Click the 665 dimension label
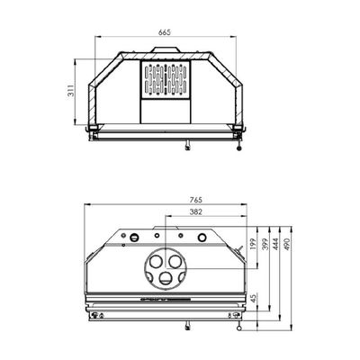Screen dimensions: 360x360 [x=165, y=32]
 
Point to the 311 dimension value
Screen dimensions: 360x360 [x=70, y=91]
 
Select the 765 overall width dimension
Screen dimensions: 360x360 [x=196, y=200]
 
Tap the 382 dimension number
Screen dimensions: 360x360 [x=196, y=212]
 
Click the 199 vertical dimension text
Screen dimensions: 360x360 [x=252, y=244]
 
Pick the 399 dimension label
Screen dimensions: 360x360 [x=265, y=244]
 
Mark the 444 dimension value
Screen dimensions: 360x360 [x=275, y=244]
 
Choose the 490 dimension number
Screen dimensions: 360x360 [x=286, y=244]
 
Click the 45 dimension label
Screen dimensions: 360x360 [x=254, y=299]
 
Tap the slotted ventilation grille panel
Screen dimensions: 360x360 [x=166, y=79]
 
